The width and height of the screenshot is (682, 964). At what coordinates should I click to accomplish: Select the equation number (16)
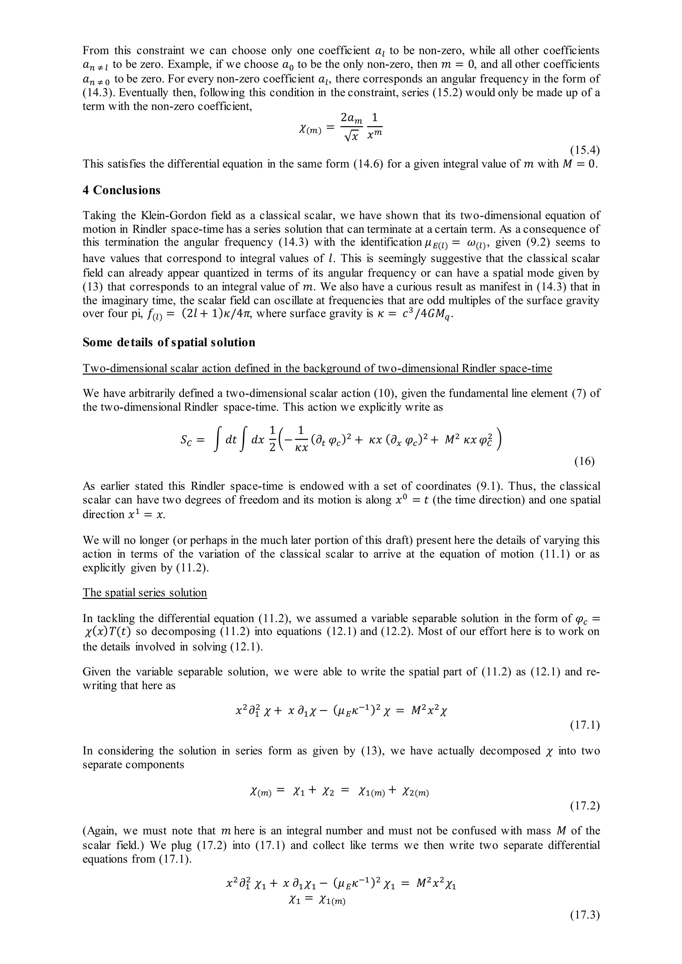[584, 461]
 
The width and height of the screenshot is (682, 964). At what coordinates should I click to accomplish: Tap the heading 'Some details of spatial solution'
[169, 342]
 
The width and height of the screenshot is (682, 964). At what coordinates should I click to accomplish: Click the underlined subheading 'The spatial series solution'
[145, 593]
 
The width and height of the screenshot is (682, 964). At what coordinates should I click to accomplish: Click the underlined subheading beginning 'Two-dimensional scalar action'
[317, 368]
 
